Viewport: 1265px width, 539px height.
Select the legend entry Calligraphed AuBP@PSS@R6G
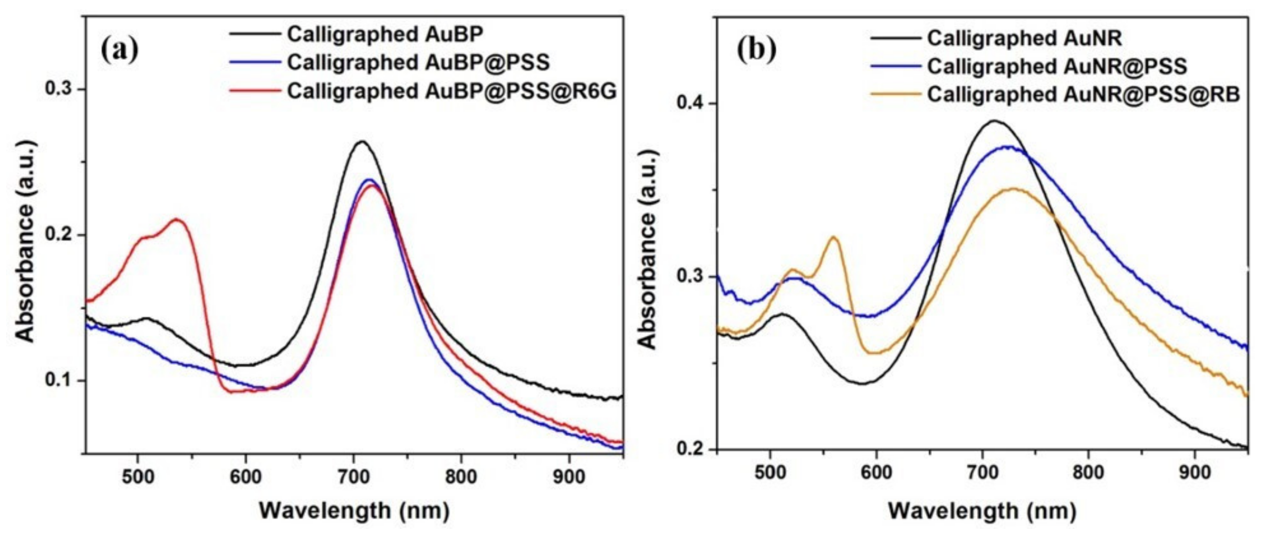pyautogui.click(x=451, y=91)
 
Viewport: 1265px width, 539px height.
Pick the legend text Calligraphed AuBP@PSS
pyautogui.click(x=418, y=62)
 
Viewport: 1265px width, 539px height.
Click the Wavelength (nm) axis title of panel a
pyautogui.click(x=353, y=511)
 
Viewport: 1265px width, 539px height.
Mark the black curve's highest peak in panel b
pyautogui.click(x=994, y=121)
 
